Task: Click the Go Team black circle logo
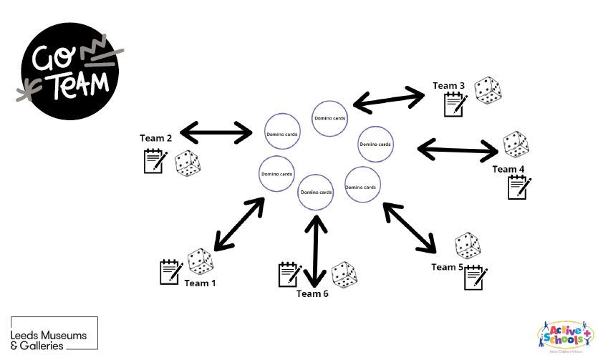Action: [69, 71]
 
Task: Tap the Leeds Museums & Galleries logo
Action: [54, 334]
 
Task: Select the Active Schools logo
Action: [565, 336]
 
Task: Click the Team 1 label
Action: [200, 283]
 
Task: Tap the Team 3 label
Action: [448, 86]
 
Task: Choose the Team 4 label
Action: [508, 169]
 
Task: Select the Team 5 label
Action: [448, 267]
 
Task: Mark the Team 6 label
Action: [312, 293]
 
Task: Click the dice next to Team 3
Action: [488, 91]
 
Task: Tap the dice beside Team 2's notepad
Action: [188, 163]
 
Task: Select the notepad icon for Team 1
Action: [170, 272]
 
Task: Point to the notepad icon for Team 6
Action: [289, 275]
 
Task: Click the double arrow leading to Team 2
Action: [217, 132]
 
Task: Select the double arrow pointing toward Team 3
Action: [389, 99]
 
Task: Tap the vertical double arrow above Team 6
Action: [316, 250]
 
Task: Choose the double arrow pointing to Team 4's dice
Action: [458, 149]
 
